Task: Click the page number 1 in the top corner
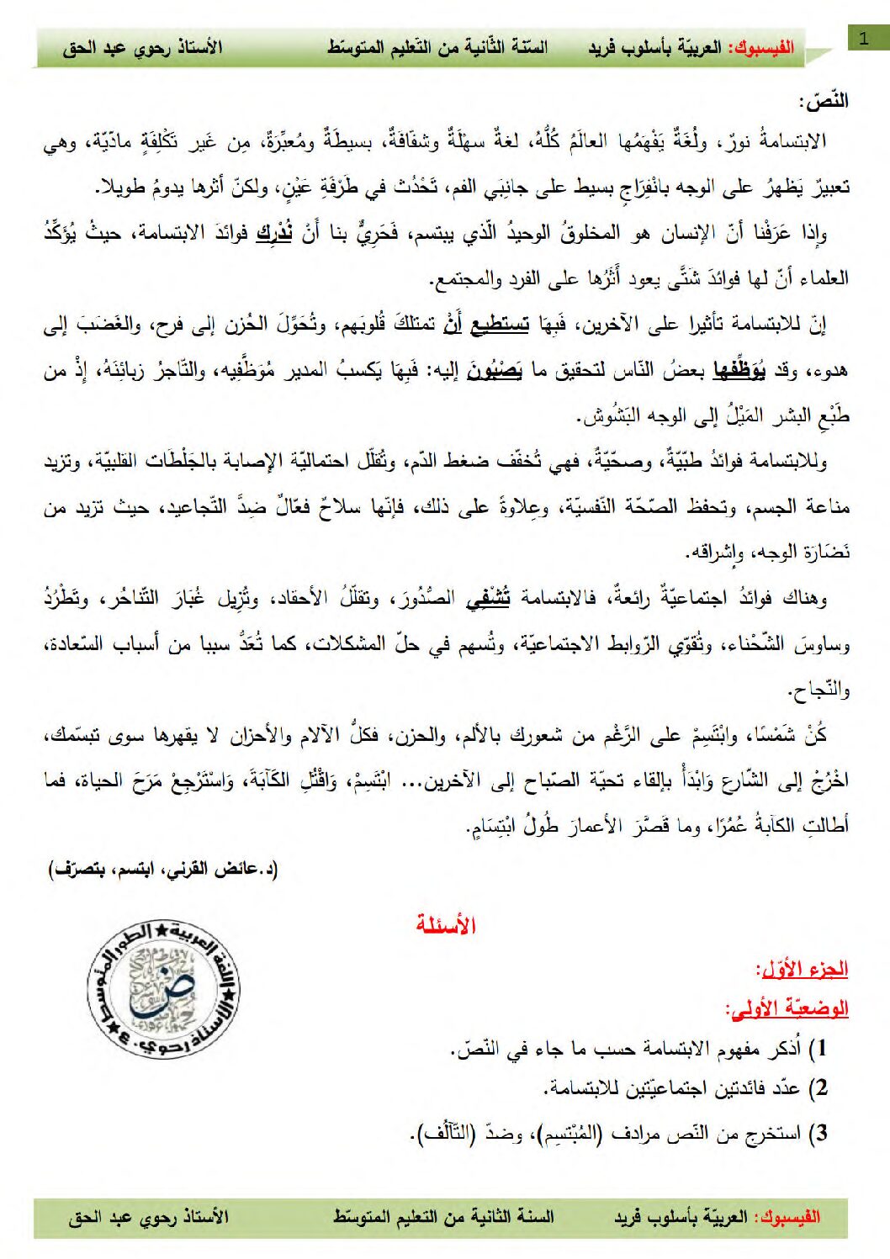[x=863, y=38]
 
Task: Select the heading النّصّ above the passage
[x=824, y=102]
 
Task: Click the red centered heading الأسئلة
[x=446, y=925]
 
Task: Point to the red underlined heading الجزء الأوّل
[x=803, y=969]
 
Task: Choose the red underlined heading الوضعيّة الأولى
[x=787, y=1008]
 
